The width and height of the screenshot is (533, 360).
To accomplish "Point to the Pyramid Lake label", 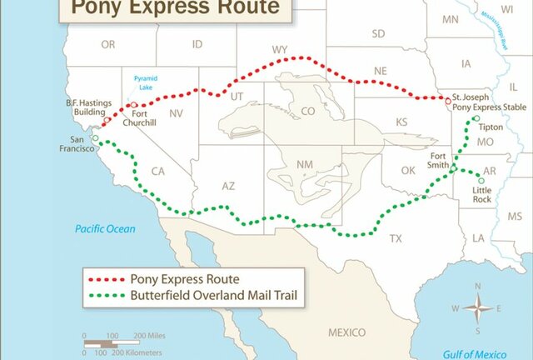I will pos(144,82).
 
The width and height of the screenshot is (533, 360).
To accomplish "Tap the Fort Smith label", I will pos(443,160).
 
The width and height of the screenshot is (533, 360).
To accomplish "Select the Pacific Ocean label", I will pos(105,228).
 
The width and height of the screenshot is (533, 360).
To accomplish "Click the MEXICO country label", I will pos(346,332).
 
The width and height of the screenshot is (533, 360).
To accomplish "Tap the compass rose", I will pos(478,307).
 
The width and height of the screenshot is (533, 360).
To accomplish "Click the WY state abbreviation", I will pos(280,50).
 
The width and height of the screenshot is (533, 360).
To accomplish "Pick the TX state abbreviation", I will pos(396,238).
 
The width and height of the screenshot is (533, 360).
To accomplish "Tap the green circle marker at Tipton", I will pos(476,119).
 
